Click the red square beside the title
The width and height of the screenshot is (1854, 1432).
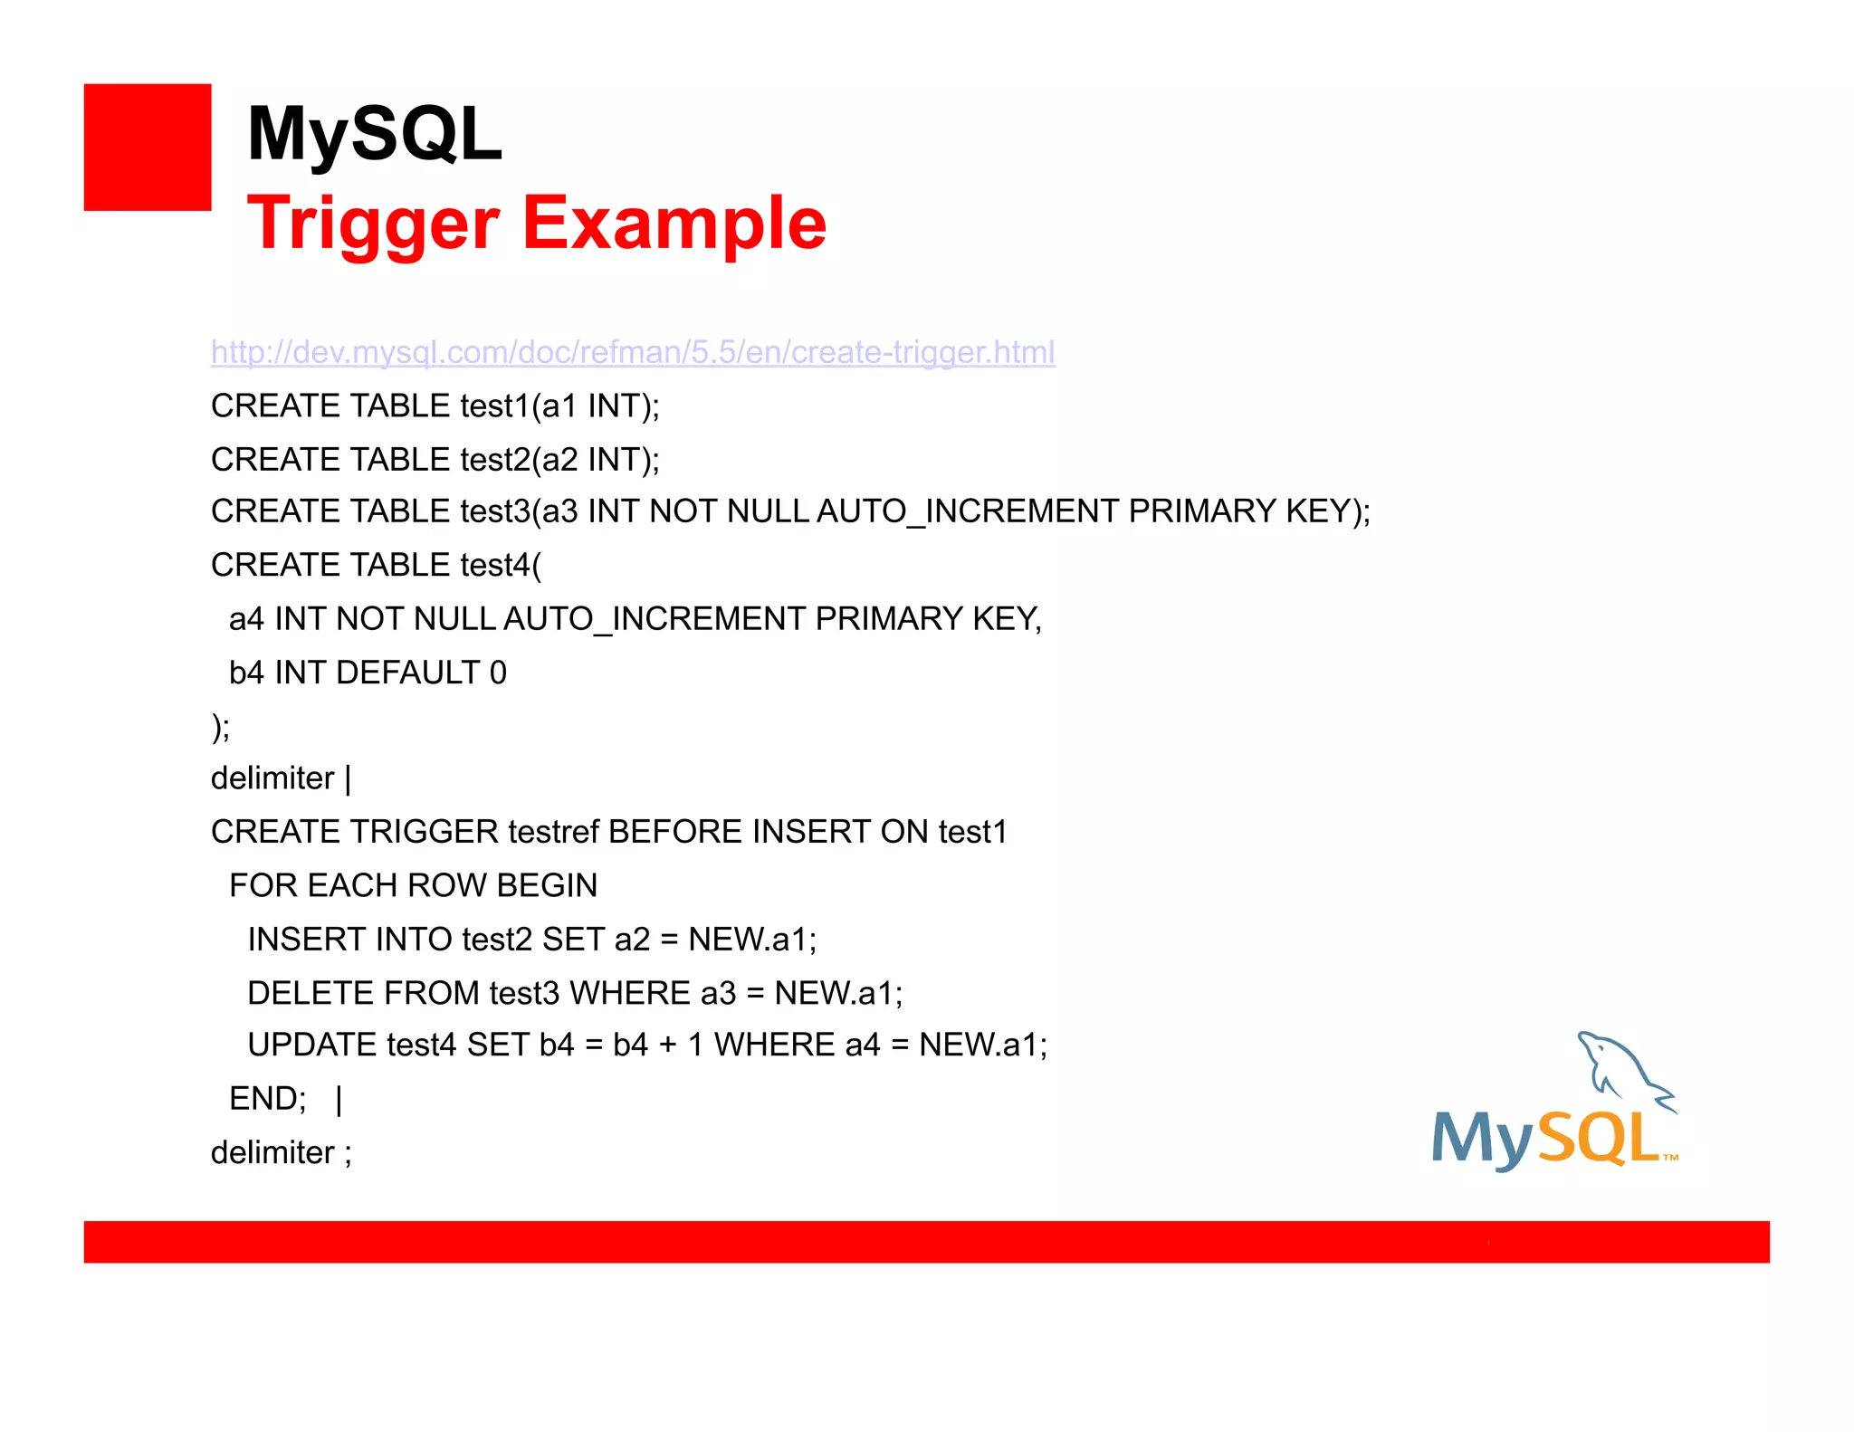point(148,148)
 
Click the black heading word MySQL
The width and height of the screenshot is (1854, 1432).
point(374,134)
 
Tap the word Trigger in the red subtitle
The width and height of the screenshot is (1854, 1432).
point(373,224)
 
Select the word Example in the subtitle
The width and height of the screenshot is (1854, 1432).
point(674,224)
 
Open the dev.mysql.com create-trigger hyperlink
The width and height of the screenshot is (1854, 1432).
point(633,352)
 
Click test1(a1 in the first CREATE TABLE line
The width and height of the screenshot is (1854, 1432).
point(519,406)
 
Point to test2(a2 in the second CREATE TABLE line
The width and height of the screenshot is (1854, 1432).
point(519,460)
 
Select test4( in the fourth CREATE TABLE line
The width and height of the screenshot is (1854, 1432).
point(501,566)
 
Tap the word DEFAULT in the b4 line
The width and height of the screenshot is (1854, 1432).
point(407,673)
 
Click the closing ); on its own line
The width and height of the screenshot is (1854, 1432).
point(221,726)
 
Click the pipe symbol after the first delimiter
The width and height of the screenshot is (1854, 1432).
point(349,778)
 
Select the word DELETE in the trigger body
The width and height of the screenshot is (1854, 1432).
point(311,993)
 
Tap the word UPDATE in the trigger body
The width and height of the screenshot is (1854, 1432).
point(311,1045)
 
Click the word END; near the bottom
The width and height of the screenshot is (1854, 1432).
point(268,1099)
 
